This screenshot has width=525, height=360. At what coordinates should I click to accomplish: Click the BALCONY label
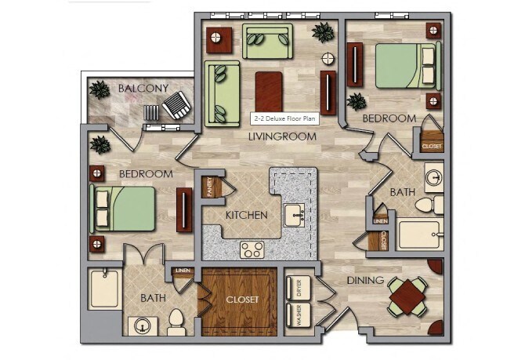143,88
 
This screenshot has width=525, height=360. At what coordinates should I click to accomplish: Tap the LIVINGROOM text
282,136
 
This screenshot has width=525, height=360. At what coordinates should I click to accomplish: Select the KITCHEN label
247,215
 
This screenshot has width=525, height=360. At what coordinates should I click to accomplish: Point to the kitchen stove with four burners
252,250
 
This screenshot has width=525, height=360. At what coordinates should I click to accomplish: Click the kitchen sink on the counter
295,213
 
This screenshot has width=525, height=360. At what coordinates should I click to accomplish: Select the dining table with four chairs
409,297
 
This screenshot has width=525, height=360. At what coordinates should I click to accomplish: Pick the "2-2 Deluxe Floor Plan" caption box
283,118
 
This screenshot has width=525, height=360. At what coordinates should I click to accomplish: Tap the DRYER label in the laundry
297,288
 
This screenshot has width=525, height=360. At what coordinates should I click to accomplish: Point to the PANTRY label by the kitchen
209,187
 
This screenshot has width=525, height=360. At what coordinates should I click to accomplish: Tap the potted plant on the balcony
100,89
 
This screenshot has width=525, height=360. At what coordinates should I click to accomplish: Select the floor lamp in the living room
329,59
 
